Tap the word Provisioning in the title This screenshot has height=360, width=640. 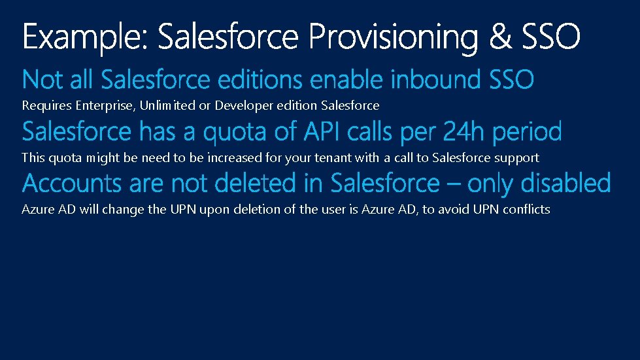point(396,37)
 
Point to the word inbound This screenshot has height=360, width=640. point(437,80)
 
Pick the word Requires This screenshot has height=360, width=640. point(47,105)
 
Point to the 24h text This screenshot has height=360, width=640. point(465,132)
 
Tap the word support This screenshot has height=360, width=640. point(517,158)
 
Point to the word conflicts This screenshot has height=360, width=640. point(526,210)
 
